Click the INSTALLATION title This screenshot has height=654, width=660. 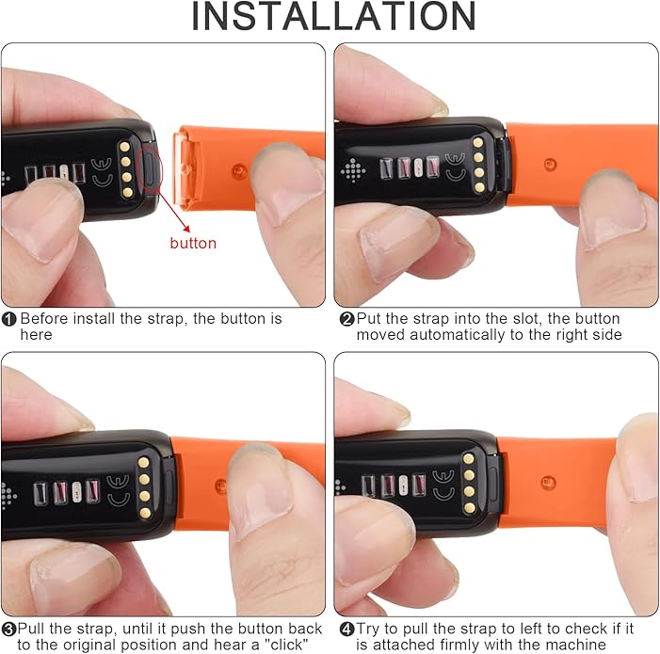coord(333,16)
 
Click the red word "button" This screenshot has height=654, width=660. coord(193,243)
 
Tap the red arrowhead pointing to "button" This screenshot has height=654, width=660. coord(185,229)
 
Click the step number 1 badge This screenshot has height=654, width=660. coord(8,319)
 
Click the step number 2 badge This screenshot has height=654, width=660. coord(346,319)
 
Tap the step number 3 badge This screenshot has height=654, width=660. coord(8,630)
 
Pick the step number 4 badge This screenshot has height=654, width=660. coord(346,630)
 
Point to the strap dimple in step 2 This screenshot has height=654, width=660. coord(550,164)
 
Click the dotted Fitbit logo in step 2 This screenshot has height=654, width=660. coord(353,170)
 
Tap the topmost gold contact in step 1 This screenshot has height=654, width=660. coord(124,147)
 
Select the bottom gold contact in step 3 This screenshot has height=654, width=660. coord(145,513)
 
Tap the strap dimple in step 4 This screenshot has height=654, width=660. coord(548,483)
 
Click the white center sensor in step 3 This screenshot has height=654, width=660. coord(76,492)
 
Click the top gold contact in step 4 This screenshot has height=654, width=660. coord(469,459)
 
